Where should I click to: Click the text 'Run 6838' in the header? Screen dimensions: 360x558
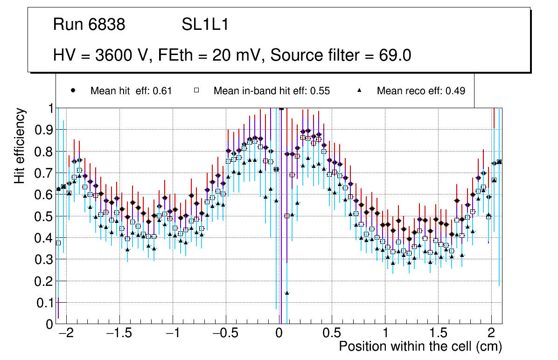click(89, 25)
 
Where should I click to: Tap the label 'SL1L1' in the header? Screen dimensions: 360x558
click(205, 25)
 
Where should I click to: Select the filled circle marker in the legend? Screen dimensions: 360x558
click(73, 90)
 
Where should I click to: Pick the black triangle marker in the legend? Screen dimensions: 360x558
click(360, 90)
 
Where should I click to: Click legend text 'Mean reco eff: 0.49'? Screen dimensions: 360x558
click(421, 91)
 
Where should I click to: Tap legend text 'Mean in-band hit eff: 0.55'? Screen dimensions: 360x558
click(272, 91)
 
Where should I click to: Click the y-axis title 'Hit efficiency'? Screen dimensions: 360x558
click(20, 145)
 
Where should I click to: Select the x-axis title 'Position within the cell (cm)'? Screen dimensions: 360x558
click(420, 346)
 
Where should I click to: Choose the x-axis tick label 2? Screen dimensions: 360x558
click(491, 333)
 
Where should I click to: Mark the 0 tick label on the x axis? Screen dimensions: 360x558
click(279, 333)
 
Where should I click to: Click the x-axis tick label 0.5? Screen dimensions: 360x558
click(332, 333)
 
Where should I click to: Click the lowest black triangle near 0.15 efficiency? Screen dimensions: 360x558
click(287, 293)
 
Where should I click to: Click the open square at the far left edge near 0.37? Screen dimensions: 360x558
click(58, 243)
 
